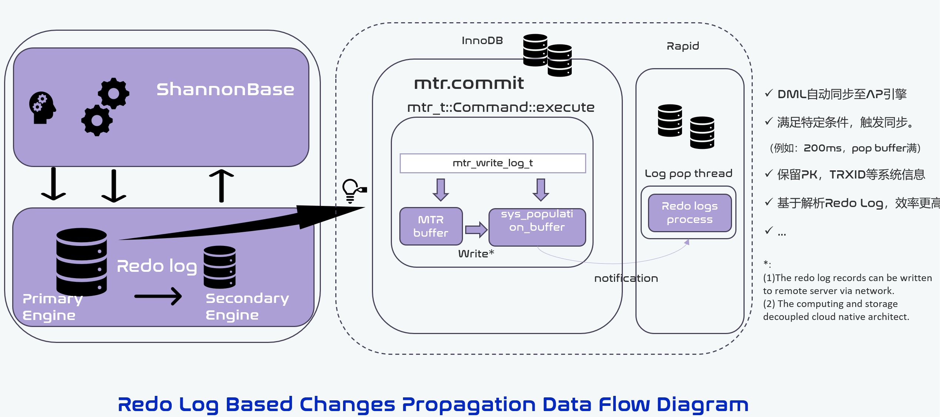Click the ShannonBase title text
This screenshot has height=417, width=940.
click(225, 90)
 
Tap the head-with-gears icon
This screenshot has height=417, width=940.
click(42, 107)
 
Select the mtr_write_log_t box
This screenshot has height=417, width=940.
click(493, 163)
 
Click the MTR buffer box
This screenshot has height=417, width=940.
click(431, 226)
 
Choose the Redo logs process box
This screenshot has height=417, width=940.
click(690, 213)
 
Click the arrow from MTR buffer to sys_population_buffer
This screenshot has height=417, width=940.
click(476, 230)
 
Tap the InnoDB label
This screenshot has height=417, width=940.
click(482, 41)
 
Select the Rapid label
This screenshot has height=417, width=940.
click(683, 46)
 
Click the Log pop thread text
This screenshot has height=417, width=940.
click(688, 174)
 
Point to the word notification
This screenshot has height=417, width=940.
click(626, 278)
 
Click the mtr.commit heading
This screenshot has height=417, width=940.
click(469, 83)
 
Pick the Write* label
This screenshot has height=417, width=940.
click(476, 254)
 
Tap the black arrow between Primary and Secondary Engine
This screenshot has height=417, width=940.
click(158, 296)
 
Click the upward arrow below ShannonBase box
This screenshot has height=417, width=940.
click(221, 186)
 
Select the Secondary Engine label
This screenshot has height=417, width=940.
click(247, 307)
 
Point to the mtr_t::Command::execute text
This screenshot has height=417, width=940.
click(501, 107)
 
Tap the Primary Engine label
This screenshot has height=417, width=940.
click(52, 307)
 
